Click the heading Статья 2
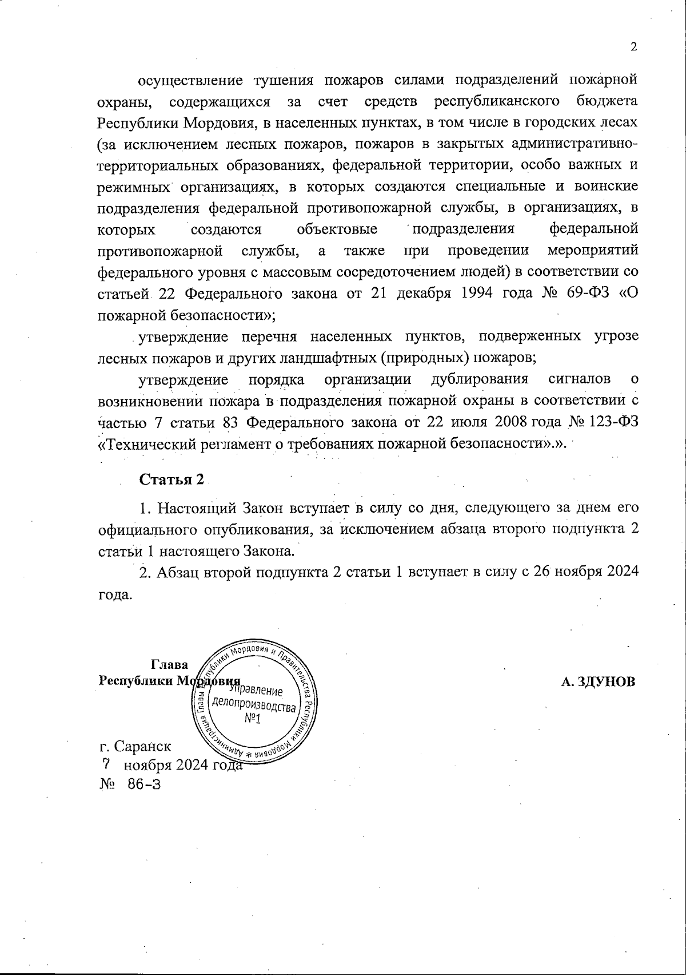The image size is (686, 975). click(171, 479)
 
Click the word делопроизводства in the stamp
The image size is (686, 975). click(254, 704)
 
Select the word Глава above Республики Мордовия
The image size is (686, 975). click(169, 665)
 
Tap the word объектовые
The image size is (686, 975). click(337, 229)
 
